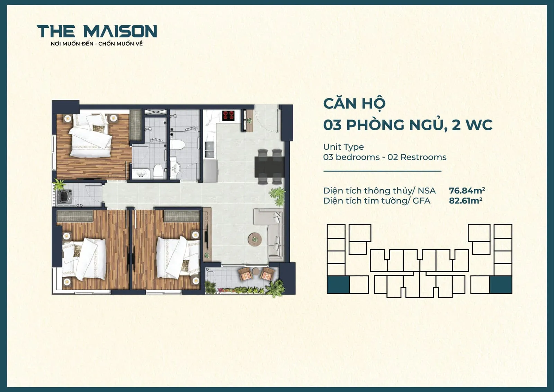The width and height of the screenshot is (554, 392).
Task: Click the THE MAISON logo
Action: pyautogui.click(x=97, y=31)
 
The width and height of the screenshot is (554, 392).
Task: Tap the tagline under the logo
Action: pyautogui.click(x=97, y=44)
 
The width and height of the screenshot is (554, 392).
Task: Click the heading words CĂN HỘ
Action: pyautogui.click(x=354, y=104)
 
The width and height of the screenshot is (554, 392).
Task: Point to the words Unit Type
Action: pyautogui.click(x=343, y=147)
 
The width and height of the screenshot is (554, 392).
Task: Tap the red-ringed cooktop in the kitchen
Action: pyautogui.click(x=228, y=115)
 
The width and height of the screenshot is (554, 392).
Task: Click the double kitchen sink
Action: pyautogui.click(x=209, y=149)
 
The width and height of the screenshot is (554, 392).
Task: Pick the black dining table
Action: pyautogui.click(x=269, y=166)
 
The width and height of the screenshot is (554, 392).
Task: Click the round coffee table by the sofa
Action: pyautogui.click(x=255, y=239)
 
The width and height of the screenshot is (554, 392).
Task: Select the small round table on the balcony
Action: pyautogui.click(x=256, y=271)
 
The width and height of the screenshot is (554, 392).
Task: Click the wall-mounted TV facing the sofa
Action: pyautogui.click(x=206, y=236)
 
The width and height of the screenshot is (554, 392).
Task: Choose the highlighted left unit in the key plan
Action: pyautogui.click(x=338, y=285)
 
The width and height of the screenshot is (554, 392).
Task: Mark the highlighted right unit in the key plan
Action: pyautogui.click(x=501, y=285)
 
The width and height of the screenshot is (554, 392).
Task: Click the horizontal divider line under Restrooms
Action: pyautogui.click(x=382, y=171)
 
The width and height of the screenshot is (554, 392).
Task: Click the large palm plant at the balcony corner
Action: pyautogui.click(x=276, y=287)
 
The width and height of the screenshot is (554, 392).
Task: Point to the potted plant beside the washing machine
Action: pyautogui.click(x=59, y=184)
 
